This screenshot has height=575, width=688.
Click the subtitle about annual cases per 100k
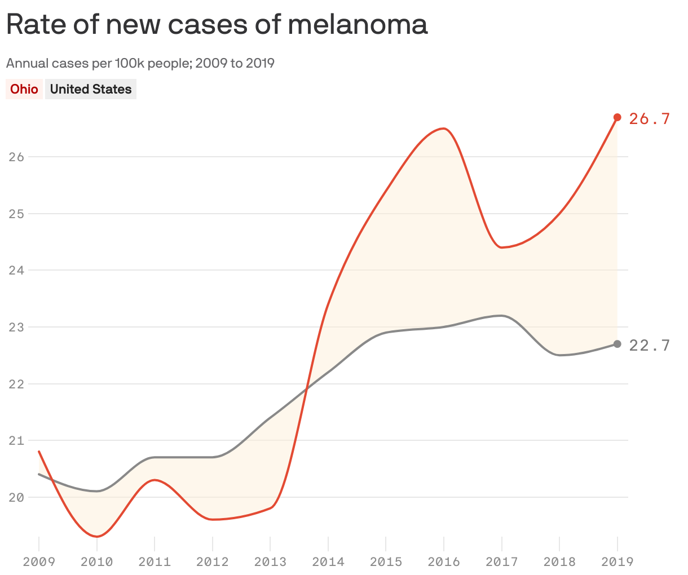click(x=140, y=63)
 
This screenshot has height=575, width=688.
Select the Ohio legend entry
click(x=24, y=89)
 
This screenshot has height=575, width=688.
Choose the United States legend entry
click(x=91, y=89)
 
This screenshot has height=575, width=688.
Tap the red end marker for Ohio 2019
click(x=617, y=117)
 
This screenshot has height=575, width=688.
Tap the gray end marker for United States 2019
click(x=617, y=344)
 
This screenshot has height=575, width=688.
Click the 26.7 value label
click(x=650, y=119)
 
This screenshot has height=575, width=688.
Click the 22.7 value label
click(x=650, y=346)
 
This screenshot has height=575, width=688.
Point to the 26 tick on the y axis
click(x=16, y=157)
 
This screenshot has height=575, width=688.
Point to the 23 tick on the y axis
click(x=16, y=327)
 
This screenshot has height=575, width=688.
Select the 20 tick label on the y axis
click(x=16, y=497)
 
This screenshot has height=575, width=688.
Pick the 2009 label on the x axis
click(x=38, y=562)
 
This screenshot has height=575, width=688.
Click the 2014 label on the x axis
click(x=328, y=562)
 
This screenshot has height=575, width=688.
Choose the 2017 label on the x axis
click(x=501, y=562)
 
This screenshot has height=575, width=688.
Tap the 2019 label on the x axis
click(x=617, y=562)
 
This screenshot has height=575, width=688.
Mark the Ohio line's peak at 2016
click(x=443, y=129)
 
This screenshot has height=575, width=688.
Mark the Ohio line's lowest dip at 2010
click(x=97, y=536)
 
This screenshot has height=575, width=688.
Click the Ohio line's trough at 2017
click(x=501, y=247)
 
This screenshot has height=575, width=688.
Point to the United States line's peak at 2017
click(x=501, y=316)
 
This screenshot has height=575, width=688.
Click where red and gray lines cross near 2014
click(x=306, y=388)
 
